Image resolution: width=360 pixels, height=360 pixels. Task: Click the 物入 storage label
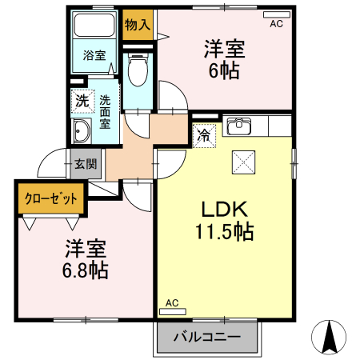(138, 25)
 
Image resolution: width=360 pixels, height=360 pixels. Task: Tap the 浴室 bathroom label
(94, 55)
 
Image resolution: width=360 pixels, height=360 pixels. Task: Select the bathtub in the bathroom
(94, 26)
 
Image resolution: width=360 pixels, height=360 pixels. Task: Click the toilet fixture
(138, 69)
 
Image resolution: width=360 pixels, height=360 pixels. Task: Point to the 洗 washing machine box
(82, 101)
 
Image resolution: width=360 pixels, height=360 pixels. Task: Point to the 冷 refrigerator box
(204, 135)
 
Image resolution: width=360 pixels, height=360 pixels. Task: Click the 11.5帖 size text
(225, 233)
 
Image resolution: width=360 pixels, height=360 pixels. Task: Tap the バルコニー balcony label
(208, 338)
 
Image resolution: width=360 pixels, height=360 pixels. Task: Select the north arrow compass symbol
(329, 337)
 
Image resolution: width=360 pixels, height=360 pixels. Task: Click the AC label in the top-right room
(276, 25)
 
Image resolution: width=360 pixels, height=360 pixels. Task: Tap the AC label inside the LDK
(172, 302)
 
